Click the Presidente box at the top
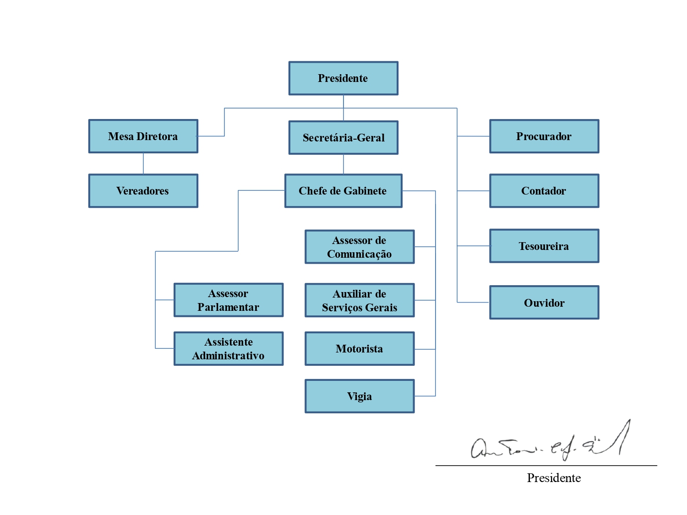(x=343, y=78)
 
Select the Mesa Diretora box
(x=143, y=136)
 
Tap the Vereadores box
(x=143, y=191)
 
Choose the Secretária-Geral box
(x=343, y=138)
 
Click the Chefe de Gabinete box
(x=343, y=191)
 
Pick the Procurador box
(x=544, y=136)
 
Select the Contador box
(x=544, y=191)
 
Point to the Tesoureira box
(x=544, y=246)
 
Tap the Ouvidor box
(x=544, y=303)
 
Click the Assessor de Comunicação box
(x=360, y=247)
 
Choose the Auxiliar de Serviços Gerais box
(x=360, y=300)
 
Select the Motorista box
(x=360, y=349)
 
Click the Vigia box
(x=360, y=396)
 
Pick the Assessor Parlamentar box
(x=229, y=300)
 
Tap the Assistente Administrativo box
(x=229, y=349)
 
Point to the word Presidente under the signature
(x=554, y=478)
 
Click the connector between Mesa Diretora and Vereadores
(x=143, y=163)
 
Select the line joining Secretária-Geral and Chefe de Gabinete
(x=343, y=164)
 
